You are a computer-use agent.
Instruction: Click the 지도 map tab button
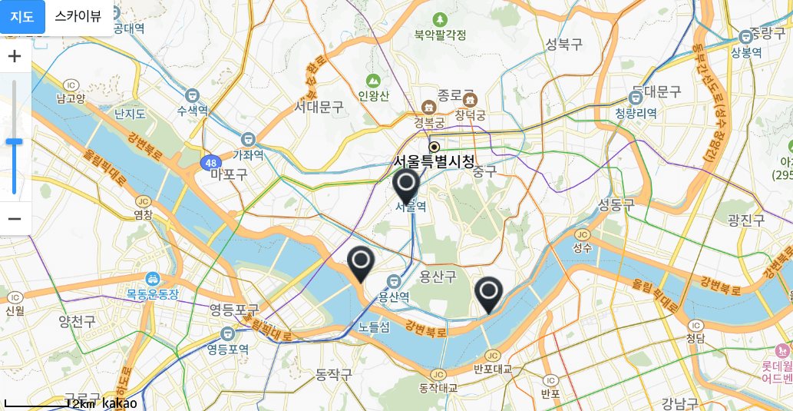coord(22,16)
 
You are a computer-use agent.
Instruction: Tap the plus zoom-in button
coord(15,56)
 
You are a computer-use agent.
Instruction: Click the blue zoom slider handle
coord(15,141)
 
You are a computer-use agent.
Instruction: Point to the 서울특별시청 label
coord(434,161)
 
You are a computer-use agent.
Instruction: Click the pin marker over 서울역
coord(405,186)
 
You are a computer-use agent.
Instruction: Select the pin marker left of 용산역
coord(360,263)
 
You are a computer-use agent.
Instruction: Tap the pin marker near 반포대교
coord(488,293)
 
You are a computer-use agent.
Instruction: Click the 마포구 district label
coord(229,174)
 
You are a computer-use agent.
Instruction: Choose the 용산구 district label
coord(438,276)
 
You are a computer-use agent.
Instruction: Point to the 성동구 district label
coord(616,204)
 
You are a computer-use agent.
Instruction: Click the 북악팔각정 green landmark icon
coord(440,19)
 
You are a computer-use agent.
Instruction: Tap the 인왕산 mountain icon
coord(373,80)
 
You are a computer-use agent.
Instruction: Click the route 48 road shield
coord(210,163)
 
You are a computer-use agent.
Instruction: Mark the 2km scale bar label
coord(84,404)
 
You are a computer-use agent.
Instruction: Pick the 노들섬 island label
coord(374,327)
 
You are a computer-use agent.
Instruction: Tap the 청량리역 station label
coord(636,113)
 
